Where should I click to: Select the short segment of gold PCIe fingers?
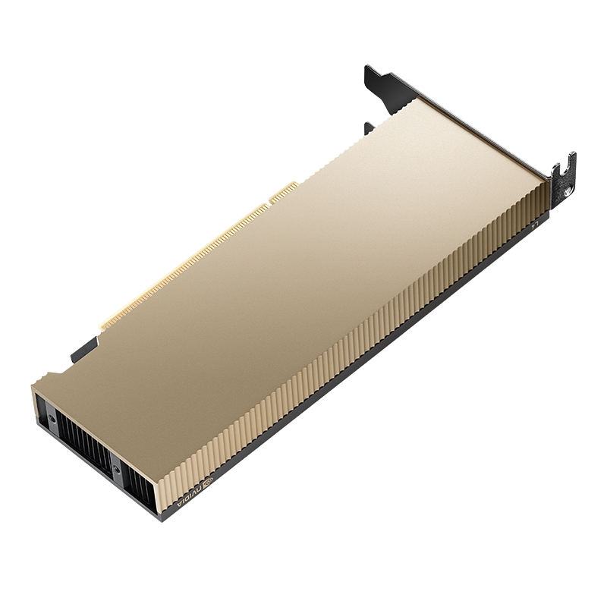coord(281,191)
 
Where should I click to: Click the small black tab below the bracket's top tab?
coord(369,127)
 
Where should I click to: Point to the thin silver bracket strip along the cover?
coord(486,133)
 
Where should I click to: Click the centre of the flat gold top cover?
coord(303,288)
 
